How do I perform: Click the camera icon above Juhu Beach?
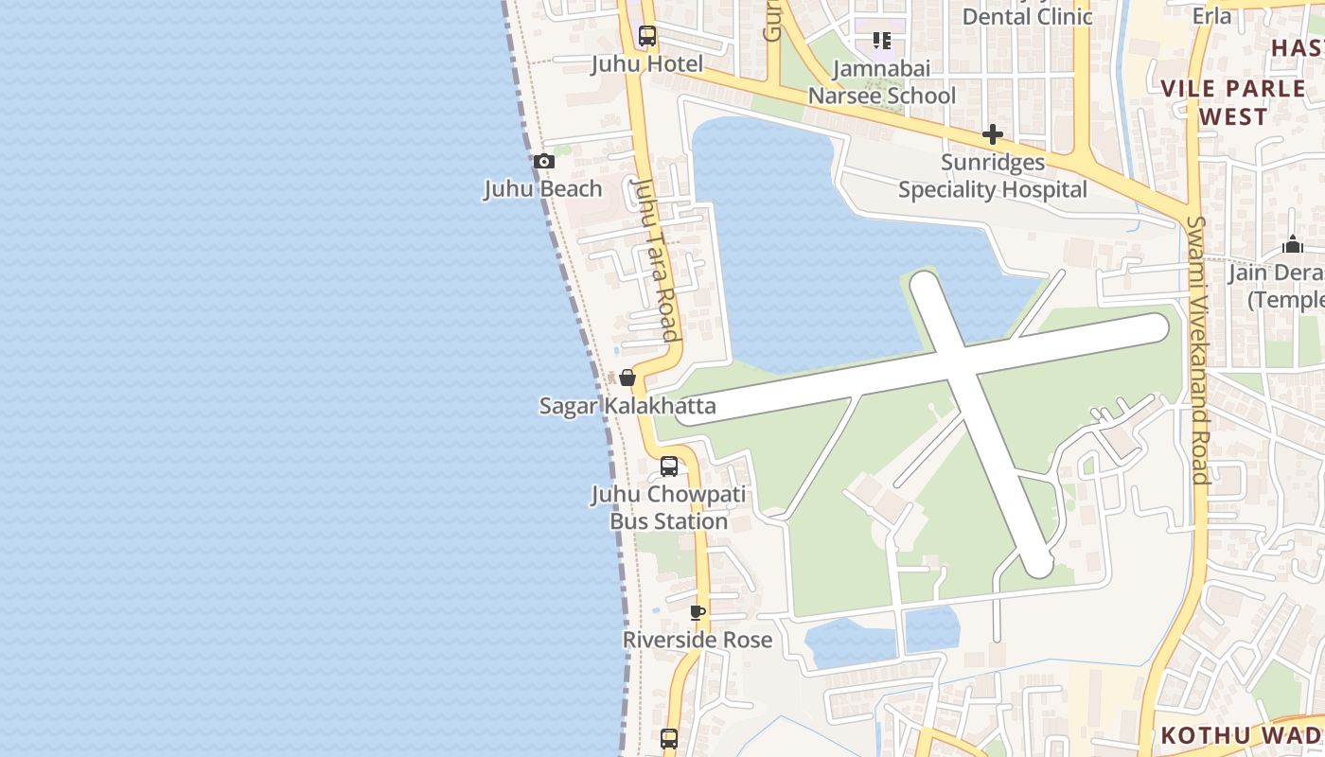click(543, 162)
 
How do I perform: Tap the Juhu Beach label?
click(543, 188)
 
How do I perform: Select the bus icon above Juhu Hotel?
click(647, 37)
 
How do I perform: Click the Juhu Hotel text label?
click(647, 63)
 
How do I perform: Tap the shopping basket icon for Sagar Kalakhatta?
click(627, 378)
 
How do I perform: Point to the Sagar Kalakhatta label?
click(627, 406)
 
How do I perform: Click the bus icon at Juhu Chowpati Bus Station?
click(669, 467)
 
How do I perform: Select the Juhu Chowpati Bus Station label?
click(669, 507)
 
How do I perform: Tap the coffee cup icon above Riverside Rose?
click(698, 613)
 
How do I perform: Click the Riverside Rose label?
click(698, 640)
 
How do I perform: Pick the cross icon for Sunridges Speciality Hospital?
click(992, 134)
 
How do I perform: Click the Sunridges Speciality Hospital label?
click(993, 176)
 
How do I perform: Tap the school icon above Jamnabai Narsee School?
click(882, 41)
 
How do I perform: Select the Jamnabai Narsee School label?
click(882, 81)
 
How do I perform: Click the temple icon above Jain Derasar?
click(1293, 245)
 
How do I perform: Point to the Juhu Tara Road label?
click(657, 259)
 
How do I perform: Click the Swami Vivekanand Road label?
click(1198, 350)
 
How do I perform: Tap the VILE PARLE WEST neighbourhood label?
click(1233, 102)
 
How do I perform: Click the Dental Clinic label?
click(1027, 15)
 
